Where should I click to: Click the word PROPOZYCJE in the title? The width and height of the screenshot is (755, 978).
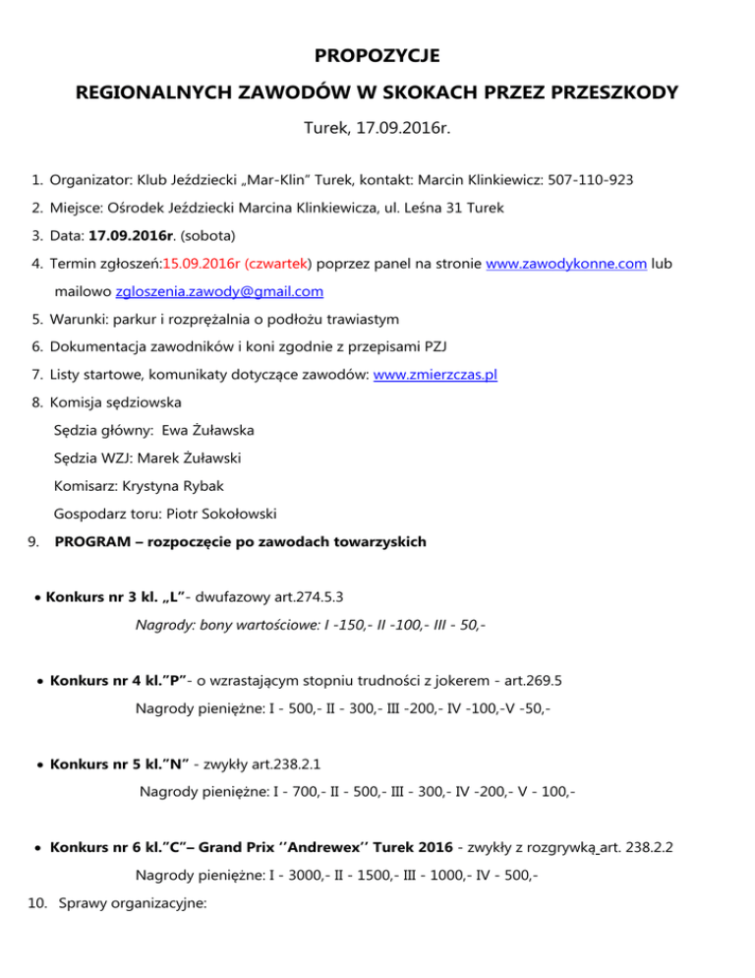point(377,54)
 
